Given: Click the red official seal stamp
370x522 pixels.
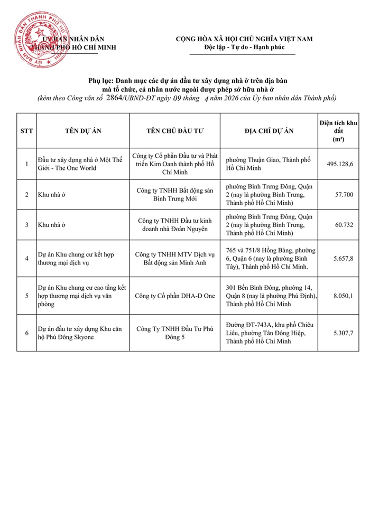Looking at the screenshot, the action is [x=42, y=41].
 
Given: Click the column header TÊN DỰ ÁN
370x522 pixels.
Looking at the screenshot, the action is [x=83, y=130].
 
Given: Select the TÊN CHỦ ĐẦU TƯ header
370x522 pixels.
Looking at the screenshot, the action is [x=174, y=130].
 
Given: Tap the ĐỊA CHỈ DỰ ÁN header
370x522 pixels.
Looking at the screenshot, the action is [x=269, y=130].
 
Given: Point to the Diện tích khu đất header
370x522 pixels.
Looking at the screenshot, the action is [x=338, y=130].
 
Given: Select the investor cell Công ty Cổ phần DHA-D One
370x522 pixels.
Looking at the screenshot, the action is [x=174, y=296].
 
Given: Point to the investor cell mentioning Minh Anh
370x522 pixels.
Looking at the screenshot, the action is [x=174, y=258].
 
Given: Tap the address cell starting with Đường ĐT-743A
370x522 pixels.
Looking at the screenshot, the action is [x=269, y=334].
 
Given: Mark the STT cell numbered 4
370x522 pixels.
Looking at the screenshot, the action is [x=26, y=258].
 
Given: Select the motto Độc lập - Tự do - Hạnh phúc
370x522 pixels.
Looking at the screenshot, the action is [x=244, y=48].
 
